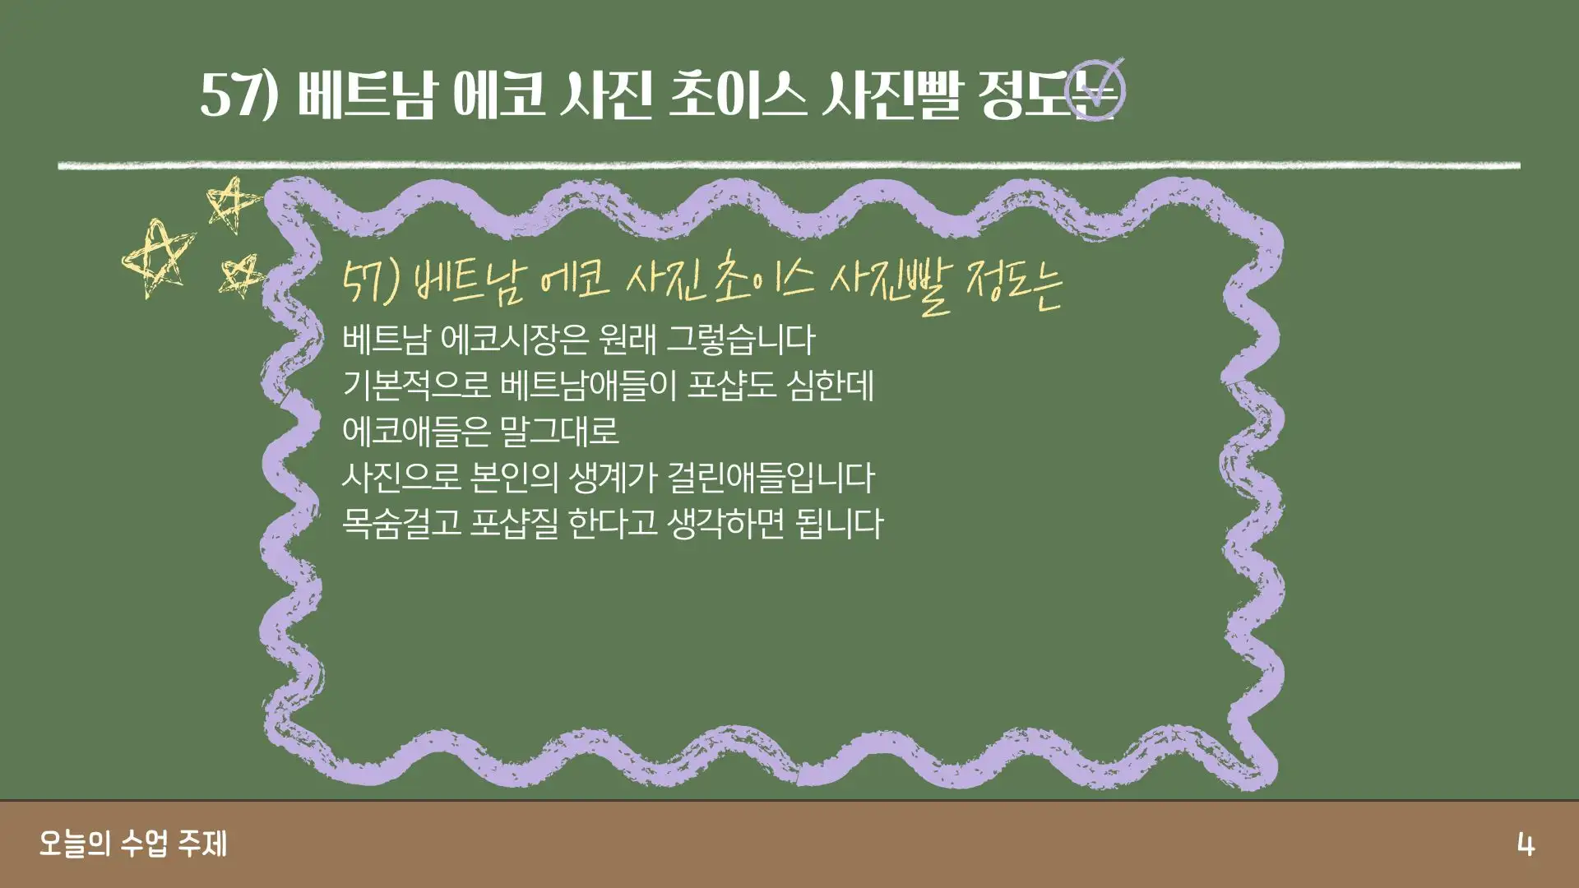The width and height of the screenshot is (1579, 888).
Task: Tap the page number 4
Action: [x=1526, y=845]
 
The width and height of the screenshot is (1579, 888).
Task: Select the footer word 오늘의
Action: [x=74, y=844]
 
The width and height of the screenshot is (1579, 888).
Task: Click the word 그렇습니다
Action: [x=739, y=340]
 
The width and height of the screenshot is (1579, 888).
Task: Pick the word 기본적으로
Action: [x=415, y=386]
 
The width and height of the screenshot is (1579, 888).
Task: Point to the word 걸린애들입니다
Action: [x=771, y=478]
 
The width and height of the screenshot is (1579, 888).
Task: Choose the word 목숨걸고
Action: [x=401, y=524]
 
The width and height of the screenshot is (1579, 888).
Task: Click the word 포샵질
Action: [x=513, y=524]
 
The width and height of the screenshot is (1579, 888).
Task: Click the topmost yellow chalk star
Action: [x=233, y=205]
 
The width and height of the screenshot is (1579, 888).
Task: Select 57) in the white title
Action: [x=239, y=95]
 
